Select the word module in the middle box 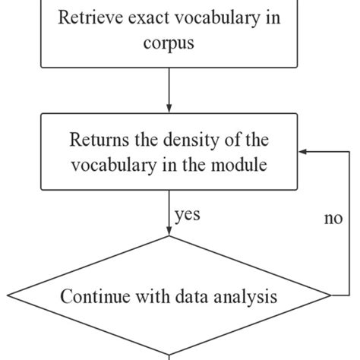tap(241, 165)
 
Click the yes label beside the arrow tap(187, 215)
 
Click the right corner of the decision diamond tap(330, 295)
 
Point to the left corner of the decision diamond tap(8, 295)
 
